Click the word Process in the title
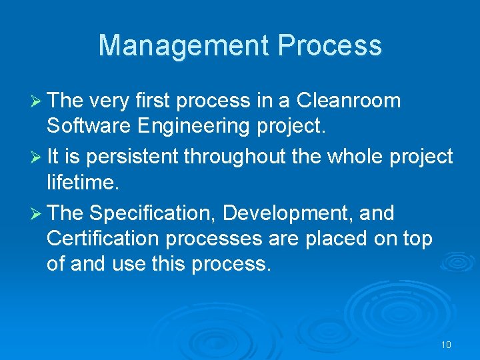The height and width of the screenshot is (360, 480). [330, 45]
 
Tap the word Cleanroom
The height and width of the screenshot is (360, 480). [349, 101]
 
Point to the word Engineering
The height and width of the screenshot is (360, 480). [196, 126]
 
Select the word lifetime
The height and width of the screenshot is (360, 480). [79, 182]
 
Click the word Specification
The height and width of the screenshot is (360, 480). [153, 213]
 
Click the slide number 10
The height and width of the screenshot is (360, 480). [446, 345]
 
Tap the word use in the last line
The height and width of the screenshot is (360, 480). [131, 263]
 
